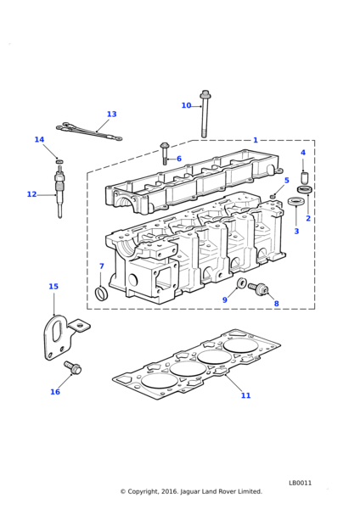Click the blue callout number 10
tap(186, 105)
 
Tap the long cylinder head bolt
tap(205, 114)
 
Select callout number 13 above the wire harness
tap(111, 115)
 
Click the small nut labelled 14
tap(59, 161)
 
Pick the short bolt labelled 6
tap(165, 153)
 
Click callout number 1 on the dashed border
tap(256, 140)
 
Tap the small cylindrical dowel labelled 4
tap(304, 178)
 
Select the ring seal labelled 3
tap(295, 201)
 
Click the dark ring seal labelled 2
tap(306, 189)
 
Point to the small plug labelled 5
tap(273, 196)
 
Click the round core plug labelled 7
tap(100, 293)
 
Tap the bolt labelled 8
tap(258, 288)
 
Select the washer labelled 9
tap(241, 283)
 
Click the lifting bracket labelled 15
tap(64, 338)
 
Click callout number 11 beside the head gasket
tap(246, 395)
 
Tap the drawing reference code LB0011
tap(301, 483)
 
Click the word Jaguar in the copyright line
tap(189, 492)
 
